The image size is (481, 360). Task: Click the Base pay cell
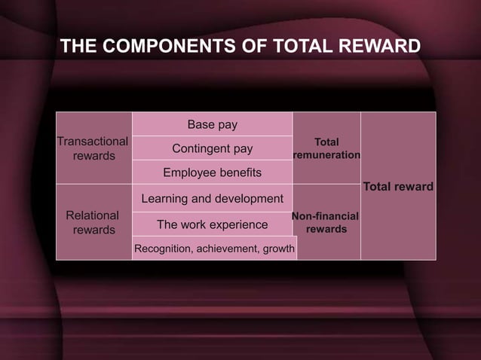click(x=212, y=124)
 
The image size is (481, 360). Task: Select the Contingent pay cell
click(x=212, y=148)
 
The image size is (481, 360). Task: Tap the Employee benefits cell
click(x=212, y=172)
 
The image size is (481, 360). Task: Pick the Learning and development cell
click(x=212, y=199)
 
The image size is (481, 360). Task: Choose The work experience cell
click(x=212, y=224)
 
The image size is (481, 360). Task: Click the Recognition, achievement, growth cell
click(x=214, y=249)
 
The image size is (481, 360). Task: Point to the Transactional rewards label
click(x=93, y=148)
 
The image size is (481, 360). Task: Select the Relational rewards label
click(x=93, y=222)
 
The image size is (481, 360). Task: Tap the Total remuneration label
click(x=326, y=148)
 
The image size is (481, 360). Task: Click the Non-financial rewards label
click(x=326, y=222)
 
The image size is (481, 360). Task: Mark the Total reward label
click(x=398, y=186)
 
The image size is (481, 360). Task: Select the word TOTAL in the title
click(x=300, y=47)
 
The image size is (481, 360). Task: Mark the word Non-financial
click(x=325, y=216)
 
